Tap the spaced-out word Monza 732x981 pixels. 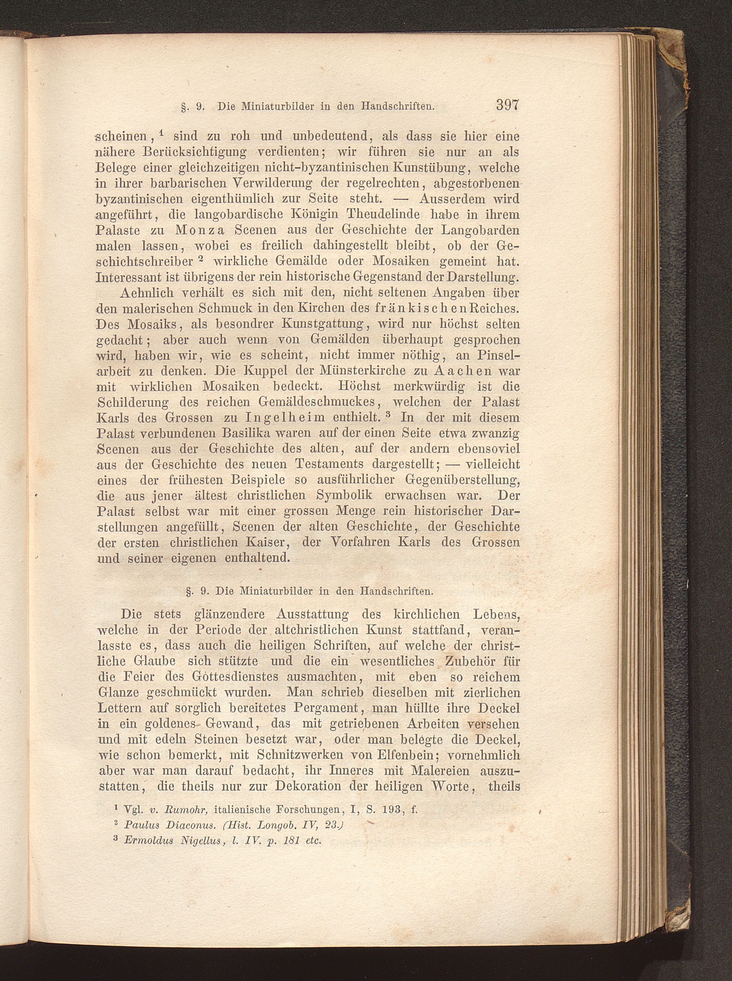200,230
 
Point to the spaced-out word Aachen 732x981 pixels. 463,370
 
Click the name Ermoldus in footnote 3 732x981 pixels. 148,840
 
